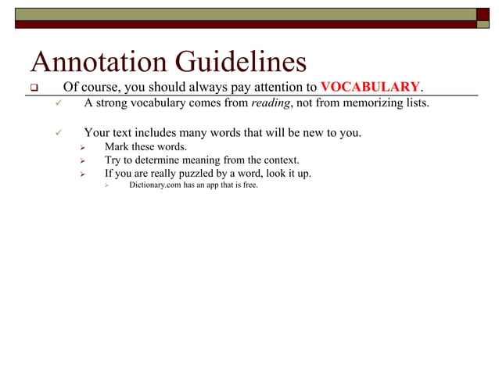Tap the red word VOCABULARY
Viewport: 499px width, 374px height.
click(x=371, y=86)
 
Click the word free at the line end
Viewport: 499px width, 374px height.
click(x=249, y=185)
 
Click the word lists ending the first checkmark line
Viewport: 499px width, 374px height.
click(x=415, y=102)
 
